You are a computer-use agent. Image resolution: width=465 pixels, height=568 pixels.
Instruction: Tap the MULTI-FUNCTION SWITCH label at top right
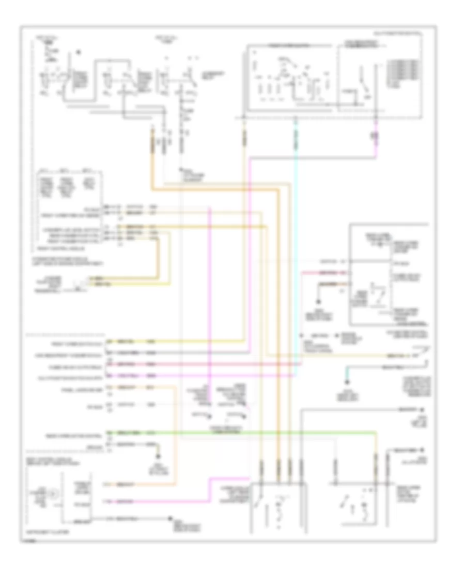403,32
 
